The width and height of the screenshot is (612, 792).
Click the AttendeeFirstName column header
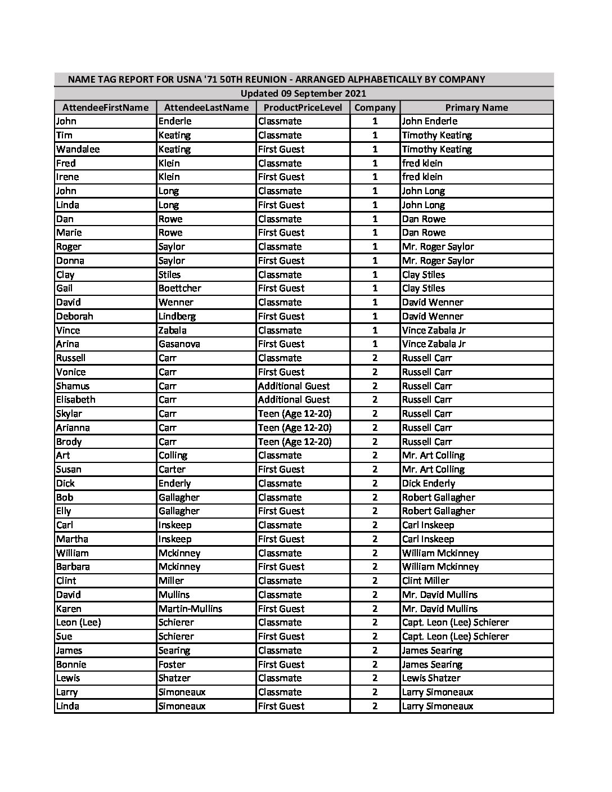point(105,107)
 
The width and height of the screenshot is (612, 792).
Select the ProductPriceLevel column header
point(303,107)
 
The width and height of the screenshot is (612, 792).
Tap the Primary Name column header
point(476,107)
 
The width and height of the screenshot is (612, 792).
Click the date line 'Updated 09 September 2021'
point(303,93)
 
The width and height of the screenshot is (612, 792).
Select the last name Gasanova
point(179,344)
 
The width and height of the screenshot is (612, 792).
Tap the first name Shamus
point(73,386)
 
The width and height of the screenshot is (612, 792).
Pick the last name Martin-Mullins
point(190,609)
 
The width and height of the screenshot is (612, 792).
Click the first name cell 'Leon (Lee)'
point(78,622)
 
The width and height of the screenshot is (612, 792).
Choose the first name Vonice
point(71,372)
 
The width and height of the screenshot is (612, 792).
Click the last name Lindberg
point(177,316)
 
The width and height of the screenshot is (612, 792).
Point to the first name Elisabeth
point(75,399)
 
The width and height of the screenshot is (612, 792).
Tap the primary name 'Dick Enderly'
point(428,483)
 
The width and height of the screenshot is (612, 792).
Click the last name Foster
point(171,664)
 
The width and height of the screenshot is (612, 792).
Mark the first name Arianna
point(73,427)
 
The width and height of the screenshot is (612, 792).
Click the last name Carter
point(172,469)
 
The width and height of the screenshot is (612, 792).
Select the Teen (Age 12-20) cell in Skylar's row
point(294,413)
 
